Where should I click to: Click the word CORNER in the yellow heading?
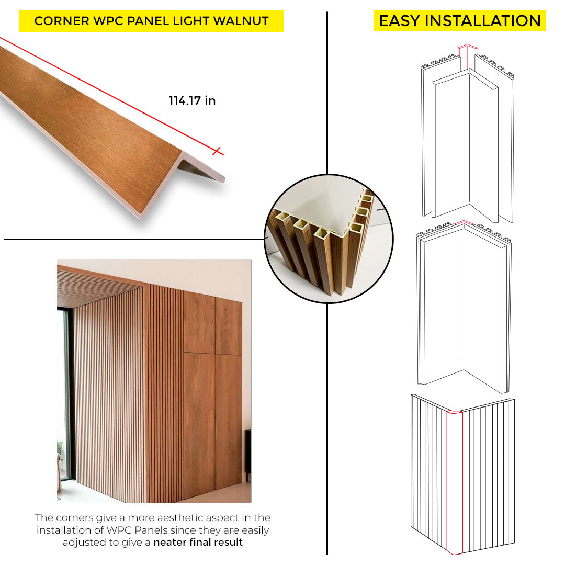[62, 21]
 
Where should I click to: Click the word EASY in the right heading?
[399, 21]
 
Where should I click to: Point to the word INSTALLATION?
[483, 21]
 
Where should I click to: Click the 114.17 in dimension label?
[192, 101]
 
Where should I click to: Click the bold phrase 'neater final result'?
[198, 543]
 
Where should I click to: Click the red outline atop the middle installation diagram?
[465, 223]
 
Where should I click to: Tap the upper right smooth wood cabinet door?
[229, 326]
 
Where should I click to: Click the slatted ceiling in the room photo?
[97, 288]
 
